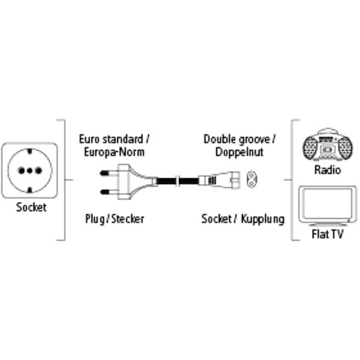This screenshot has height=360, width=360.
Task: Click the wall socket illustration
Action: pyautogui.click(x=30, y=170)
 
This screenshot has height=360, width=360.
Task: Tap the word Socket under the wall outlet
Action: pyautogui.click(x=31, y=208)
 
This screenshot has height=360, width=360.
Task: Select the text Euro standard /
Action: pyautogui.click(x=115, y=139)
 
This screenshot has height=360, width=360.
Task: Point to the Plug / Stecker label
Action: pyautogui.click(x=115, y=219)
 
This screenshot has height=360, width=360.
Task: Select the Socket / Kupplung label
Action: pyautogui.click(x=242, y=219)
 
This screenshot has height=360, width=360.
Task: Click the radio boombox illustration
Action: pyautogui.click(x=327, y=146)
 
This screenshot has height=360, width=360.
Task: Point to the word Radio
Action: pyautogui.click(x=327, y=170)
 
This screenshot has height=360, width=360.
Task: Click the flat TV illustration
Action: pyautogui.click(x=327, y=203)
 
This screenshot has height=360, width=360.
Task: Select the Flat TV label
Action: pyautogui.click(x=327, y=235)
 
